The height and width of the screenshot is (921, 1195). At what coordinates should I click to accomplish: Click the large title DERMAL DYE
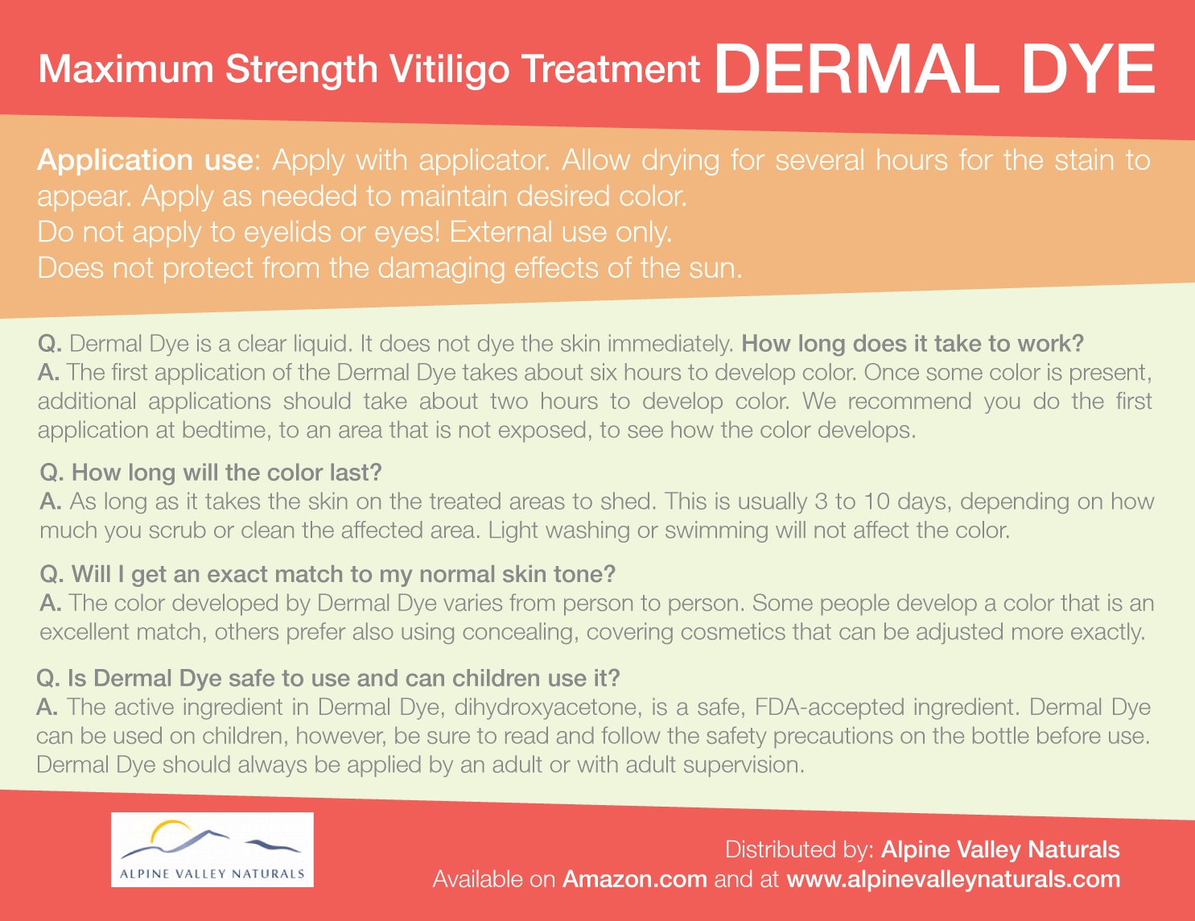tap(934, 69)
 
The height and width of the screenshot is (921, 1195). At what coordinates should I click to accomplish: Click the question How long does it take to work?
tap(913, 344)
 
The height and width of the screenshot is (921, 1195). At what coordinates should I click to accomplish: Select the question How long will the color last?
tap(211, 473)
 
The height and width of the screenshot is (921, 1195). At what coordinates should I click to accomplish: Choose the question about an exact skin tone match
tap(328, 574)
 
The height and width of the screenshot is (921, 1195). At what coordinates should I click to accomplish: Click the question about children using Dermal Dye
tap(328, 679)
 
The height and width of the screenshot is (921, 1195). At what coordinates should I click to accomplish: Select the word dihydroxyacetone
tap(548, 708)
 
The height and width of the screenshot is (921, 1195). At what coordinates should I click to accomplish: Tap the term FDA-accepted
tap(830, 708)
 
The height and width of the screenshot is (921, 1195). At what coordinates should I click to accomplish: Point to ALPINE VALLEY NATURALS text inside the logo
tap(212, 874)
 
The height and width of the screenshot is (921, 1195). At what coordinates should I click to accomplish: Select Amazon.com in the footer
tap(635, 879)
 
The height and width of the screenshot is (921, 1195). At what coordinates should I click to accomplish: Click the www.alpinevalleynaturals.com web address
tap(954, 879)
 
